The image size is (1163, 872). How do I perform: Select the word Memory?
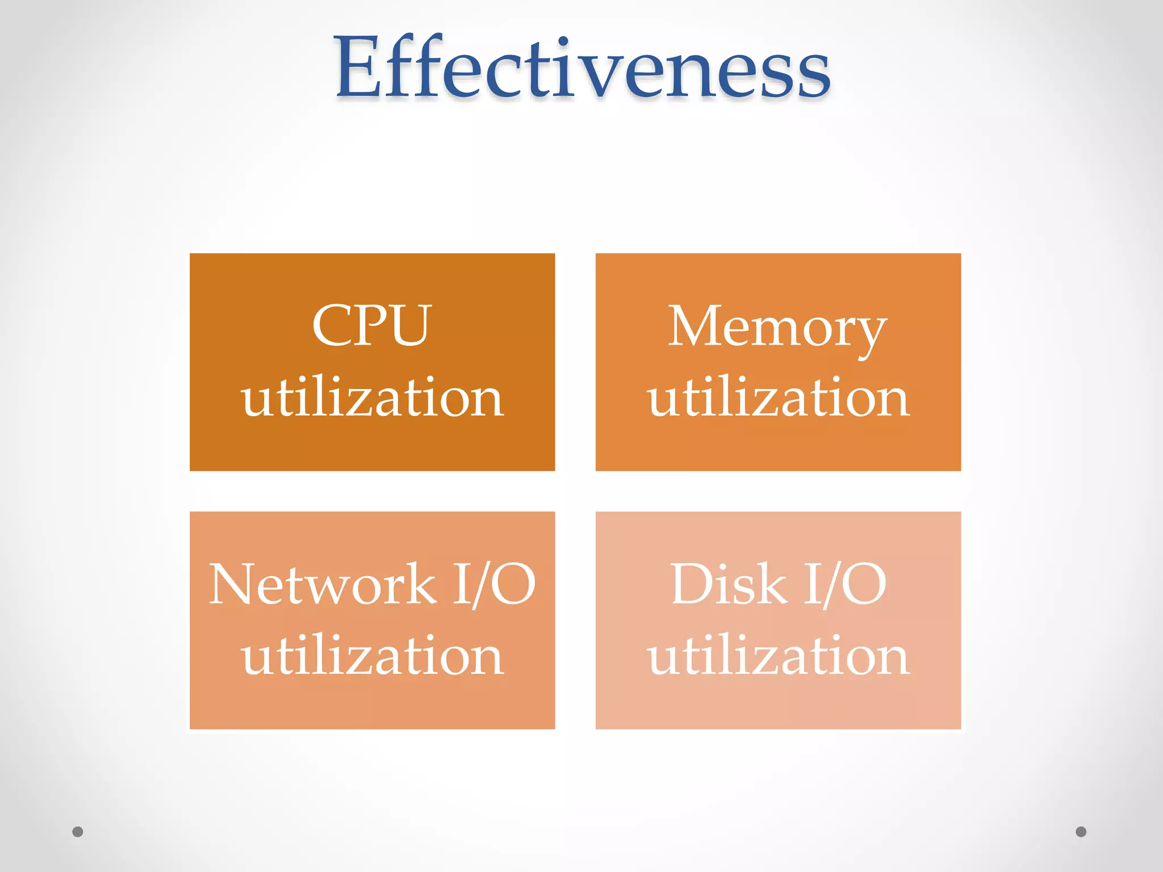click(x=777, y=328)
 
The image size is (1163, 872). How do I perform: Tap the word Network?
click(x=322, y=584)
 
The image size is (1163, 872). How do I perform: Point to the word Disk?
click(x=729, y=584)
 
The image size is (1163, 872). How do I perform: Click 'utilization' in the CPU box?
click(x=372, y=397)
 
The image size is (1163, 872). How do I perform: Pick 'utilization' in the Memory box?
click(x=778, y=397)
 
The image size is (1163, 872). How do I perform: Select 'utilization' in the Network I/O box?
click(x=372, y=656)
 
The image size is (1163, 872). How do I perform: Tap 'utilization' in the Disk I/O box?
click(x=778, y=656)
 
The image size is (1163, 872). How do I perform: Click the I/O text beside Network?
click(x=493, y=584)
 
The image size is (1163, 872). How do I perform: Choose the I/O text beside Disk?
click(x=845, y=584)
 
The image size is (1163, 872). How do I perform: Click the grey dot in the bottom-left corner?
click(x=78, y=832)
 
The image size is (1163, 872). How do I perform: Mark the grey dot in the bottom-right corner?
click(x=1081, y=832)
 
